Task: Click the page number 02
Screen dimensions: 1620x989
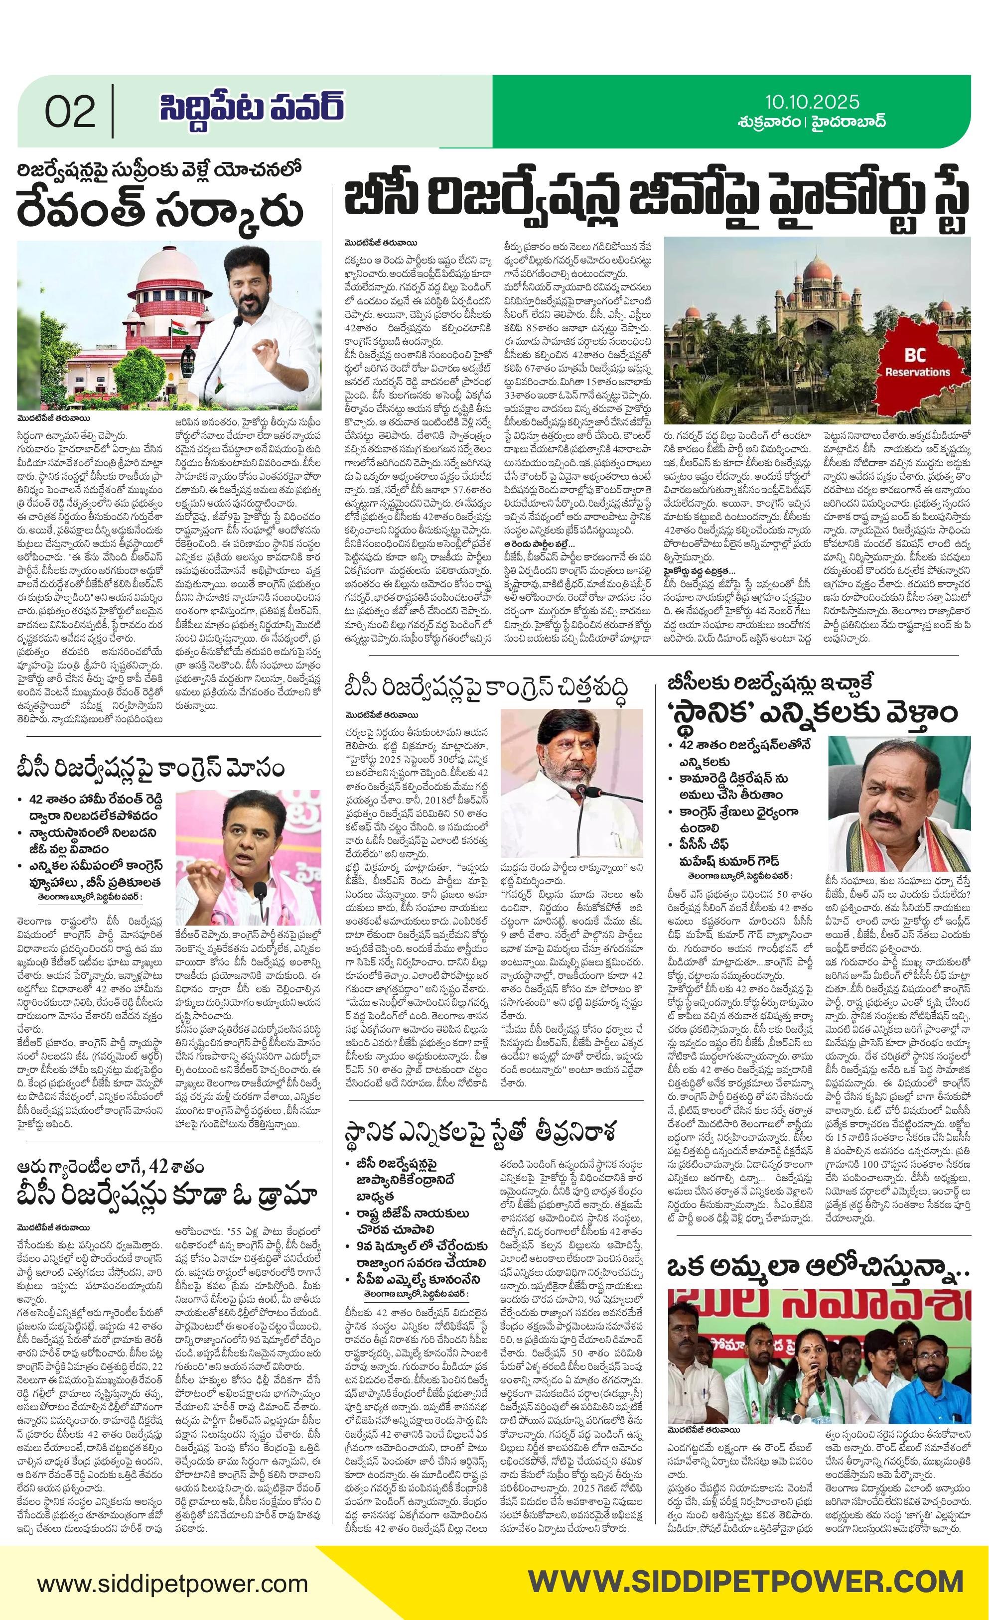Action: [x=70, y=112]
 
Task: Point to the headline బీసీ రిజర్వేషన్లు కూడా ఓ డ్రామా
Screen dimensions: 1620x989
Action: [x=168, y=1193]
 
